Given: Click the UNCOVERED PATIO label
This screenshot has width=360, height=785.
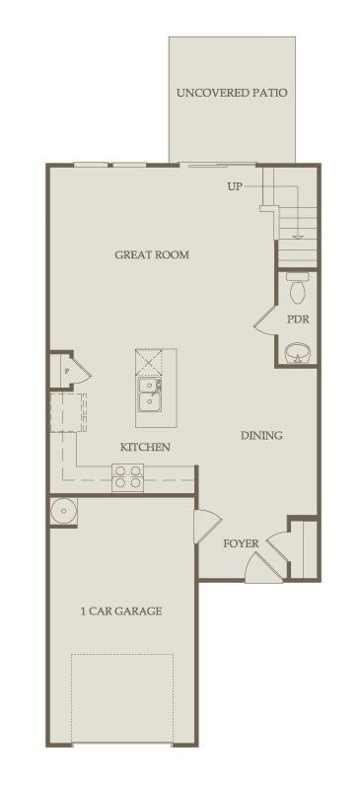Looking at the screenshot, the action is tap(232, 93).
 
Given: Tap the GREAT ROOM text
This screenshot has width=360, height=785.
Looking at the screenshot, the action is tap(152, 254).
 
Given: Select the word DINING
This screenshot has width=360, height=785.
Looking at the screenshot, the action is tap(262, 436).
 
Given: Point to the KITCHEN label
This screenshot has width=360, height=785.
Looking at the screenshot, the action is tap(145, 447).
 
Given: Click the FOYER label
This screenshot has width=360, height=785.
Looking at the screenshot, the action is tap(242, 543).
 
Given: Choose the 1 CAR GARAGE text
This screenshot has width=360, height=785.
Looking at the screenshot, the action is tap(121, 611).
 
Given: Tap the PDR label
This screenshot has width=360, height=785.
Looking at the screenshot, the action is tap(298, 320).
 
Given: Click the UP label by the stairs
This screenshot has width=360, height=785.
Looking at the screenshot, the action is tap(235, 187).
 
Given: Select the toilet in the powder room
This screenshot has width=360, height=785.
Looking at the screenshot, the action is tap(297, 288).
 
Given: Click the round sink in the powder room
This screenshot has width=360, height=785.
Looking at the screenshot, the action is tap(298, 353).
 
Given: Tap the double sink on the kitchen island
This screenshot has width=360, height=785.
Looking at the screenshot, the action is tap(150, 393).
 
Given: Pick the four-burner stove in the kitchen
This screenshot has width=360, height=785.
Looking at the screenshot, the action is tap(127, 477).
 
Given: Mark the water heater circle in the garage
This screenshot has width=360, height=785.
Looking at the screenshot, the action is tap(63, 511).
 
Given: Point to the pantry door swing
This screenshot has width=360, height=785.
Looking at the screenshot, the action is tap(80, 372).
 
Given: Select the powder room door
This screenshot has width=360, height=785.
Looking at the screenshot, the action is tap(265, 320).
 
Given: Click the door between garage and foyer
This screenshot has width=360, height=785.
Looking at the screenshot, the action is tap(207, 527).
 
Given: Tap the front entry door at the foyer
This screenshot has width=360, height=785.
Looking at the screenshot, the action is tap(264, 567).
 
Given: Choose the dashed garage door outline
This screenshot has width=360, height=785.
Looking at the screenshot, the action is tap(122, 698).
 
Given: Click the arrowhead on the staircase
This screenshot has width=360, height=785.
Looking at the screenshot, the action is tap(299, 237).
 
